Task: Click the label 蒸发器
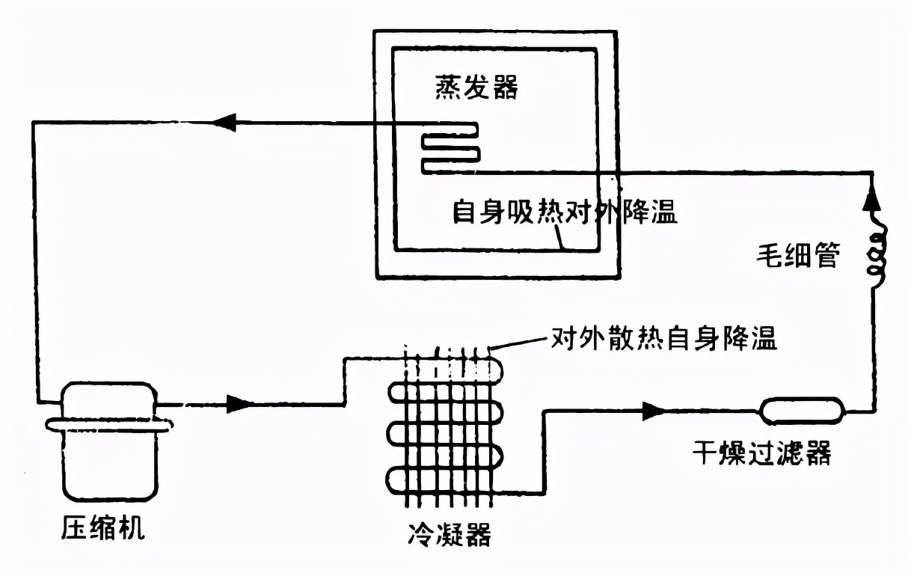(x=477, y=88)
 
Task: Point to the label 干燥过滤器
(x=761, y=453)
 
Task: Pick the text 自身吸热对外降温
(x=565, y=212)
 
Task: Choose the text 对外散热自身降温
(x=664, y=338)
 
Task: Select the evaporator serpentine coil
(x=450, y=150)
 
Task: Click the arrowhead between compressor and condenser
(x=239, y=405)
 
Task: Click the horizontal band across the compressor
(x=109, y=424)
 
